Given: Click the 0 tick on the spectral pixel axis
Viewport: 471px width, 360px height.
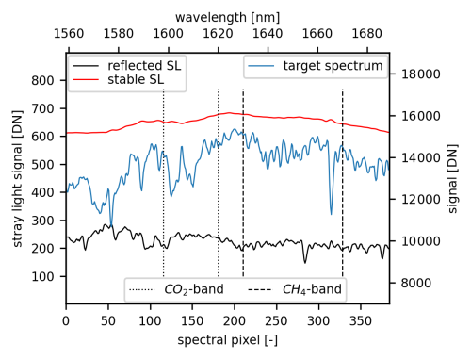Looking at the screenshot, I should pyautogui.click(x=66, y=320).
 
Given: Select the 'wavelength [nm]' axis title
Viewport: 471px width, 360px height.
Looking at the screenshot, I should pyautogui.click(x=227, y=17).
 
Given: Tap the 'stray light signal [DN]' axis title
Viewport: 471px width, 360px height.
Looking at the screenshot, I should pyautogui.click(x=17, y=178).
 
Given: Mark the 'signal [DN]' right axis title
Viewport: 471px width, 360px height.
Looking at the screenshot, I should pyautogui.click(x=454, y=178).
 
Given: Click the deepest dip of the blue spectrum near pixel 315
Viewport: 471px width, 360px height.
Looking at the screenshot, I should pyautogui.click(x=331, y=214).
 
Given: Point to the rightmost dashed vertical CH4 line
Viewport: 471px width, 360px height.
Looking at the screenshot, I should pyautogui.click(x=342, y=188).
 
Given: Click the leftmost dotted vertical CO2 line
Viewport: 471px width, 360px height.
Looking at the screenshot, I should pyautogui.click(x=164, y=188).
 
